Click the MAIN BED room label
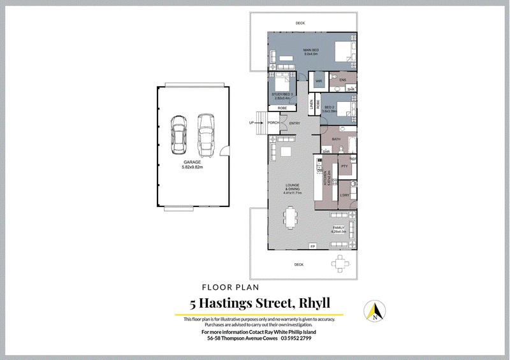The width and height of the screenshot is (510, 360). (x=311, y=50)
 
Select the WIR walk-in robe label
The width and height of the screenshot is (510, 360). (x=318, y=81)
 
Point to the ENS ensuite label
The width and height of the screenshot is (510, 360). (x=342, y=79)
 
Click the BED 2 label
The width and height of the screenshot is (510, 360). (x=329, y=107)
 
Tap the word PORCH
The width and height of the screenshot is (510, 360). (x=274, y=123)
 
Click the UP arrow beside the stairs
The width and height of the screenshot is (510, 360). (x=252, y=123)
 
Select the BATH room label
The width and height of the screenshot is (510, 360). (x=336, y=139)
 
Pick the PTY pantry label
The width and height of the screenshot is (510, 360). (x=344, y=166)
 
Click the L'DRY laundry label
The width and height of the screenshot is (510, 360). (x=344, y=196)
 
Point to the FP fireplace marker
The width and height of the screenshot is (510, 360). (x=312, y=246)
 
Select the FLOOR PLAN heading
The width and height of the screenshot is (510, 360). (x=229, y=287)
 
